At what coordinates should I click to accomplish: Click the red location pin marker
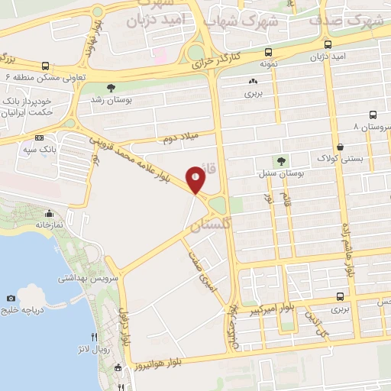(196, 179)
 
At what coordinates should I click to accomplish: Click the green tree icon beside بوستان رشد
(111, 88)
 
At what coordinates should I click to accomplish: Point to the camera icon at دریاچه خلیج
(11, 298)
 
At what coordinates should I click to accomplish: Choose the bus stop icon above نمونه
(267, 53)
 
